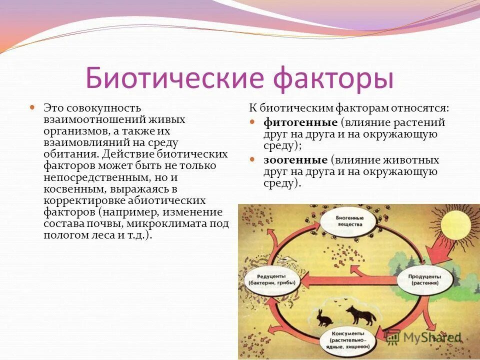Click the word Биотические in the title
point(170,78)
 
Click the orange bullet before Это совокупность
point(32,107)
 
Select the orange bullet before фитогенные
point(253,122)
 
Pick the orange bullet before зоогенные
point(253,159)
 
